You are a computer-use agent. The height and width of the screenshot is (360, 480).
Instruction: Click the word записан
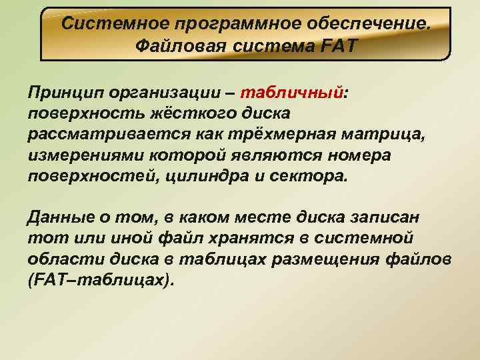[385, 217]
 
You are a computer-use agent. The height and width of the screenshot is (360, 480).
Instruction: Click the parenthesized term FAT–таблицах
[100, 281]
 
